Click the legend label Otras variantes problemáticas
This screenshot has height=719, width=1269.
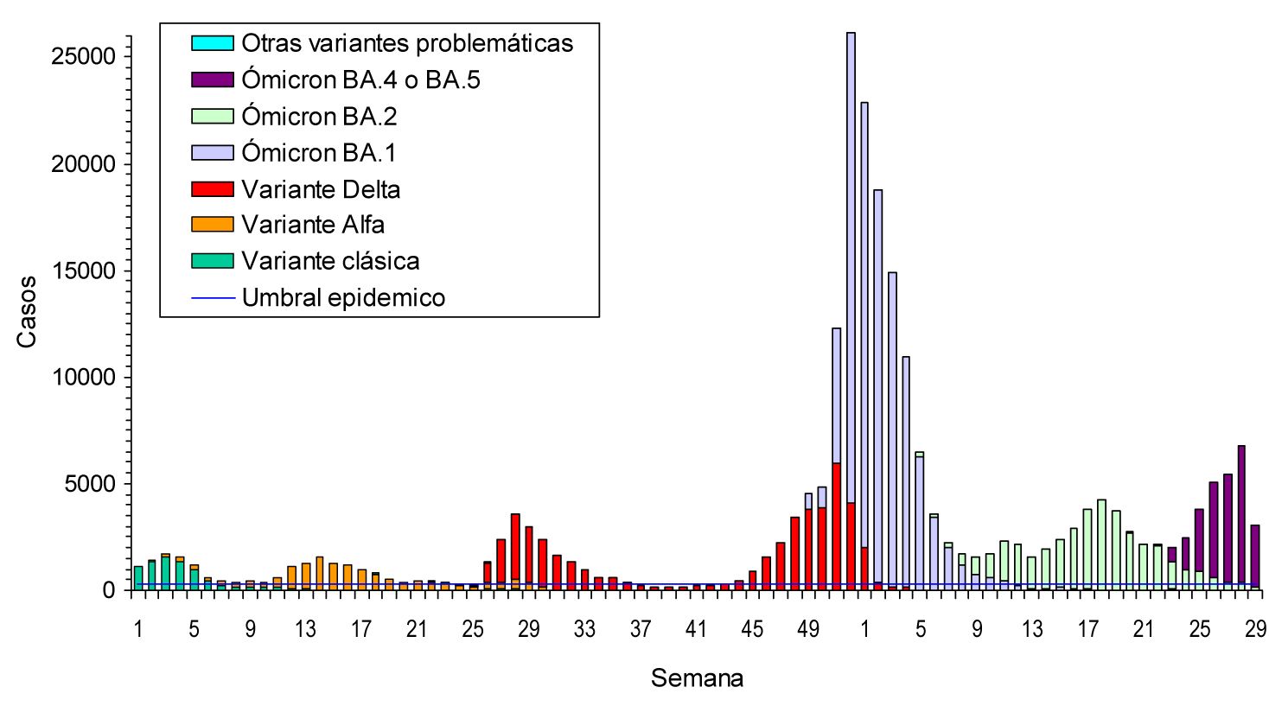(x=407, y=43)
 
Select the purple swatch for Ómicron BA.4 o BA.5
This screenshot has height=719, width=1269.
(x=212, y=80)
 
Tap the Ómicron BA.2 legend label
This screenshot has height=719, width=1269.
(x=319, y=116)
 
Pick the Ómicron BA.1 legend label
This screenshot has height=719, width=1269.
(x=319, y=153)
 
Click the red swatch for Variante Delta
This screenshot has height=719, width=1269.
(x=212, y=189)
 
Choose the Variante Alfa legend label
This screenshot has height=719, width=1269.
(x=313, y=225)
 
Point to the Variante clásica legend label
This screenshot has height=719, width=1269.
(x=330, y=261)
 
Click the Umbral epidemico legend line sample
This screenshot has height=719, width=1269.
(x=212, y=298)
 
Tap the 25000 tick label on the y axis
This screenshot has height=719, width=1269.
(x=84, y=57)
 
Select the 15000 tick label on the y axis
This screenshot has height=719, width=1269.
(x=84, y=270)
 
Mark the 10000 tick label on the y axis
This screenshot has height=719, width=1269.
(x=84, y=378)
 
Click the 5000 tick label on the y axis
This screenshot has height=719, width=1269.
(x=90, y=484)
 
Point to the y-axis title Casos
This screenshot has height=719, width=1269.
(x=27, y=311)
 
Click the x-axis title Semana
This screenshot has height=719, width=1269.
(x=697, y=678)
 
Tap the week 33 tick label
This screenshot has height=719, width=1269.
(x=584, y=629)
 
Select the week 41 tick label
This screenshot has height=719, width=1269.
(x=696, y=629)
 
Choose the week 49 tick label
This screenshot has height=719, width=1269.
(x=807, y=629)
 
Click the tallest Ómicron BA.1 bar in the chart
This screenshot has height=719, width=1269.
(x=851, y=259)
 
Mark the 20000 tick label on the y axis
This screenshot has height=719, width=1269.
(x=84, y=164)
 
